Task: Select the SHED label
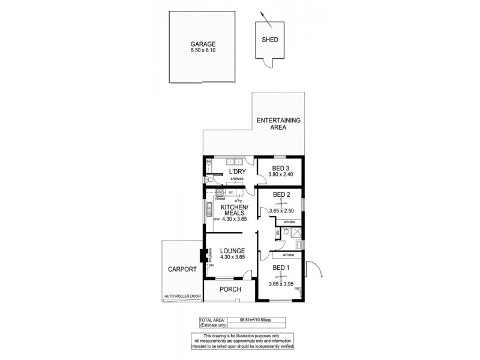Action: pos(269,40)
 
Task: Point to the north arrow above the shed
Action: pos(265,19)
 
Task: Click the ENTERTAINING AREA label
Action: pos(278,124)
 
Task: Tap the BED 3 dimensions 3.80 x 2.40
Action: pos(281,174)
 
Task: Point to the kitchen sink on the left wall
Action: pos(208,211)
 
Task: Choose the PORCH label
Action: pos(231,289)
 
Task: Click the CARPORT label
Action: pos(181,269)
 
